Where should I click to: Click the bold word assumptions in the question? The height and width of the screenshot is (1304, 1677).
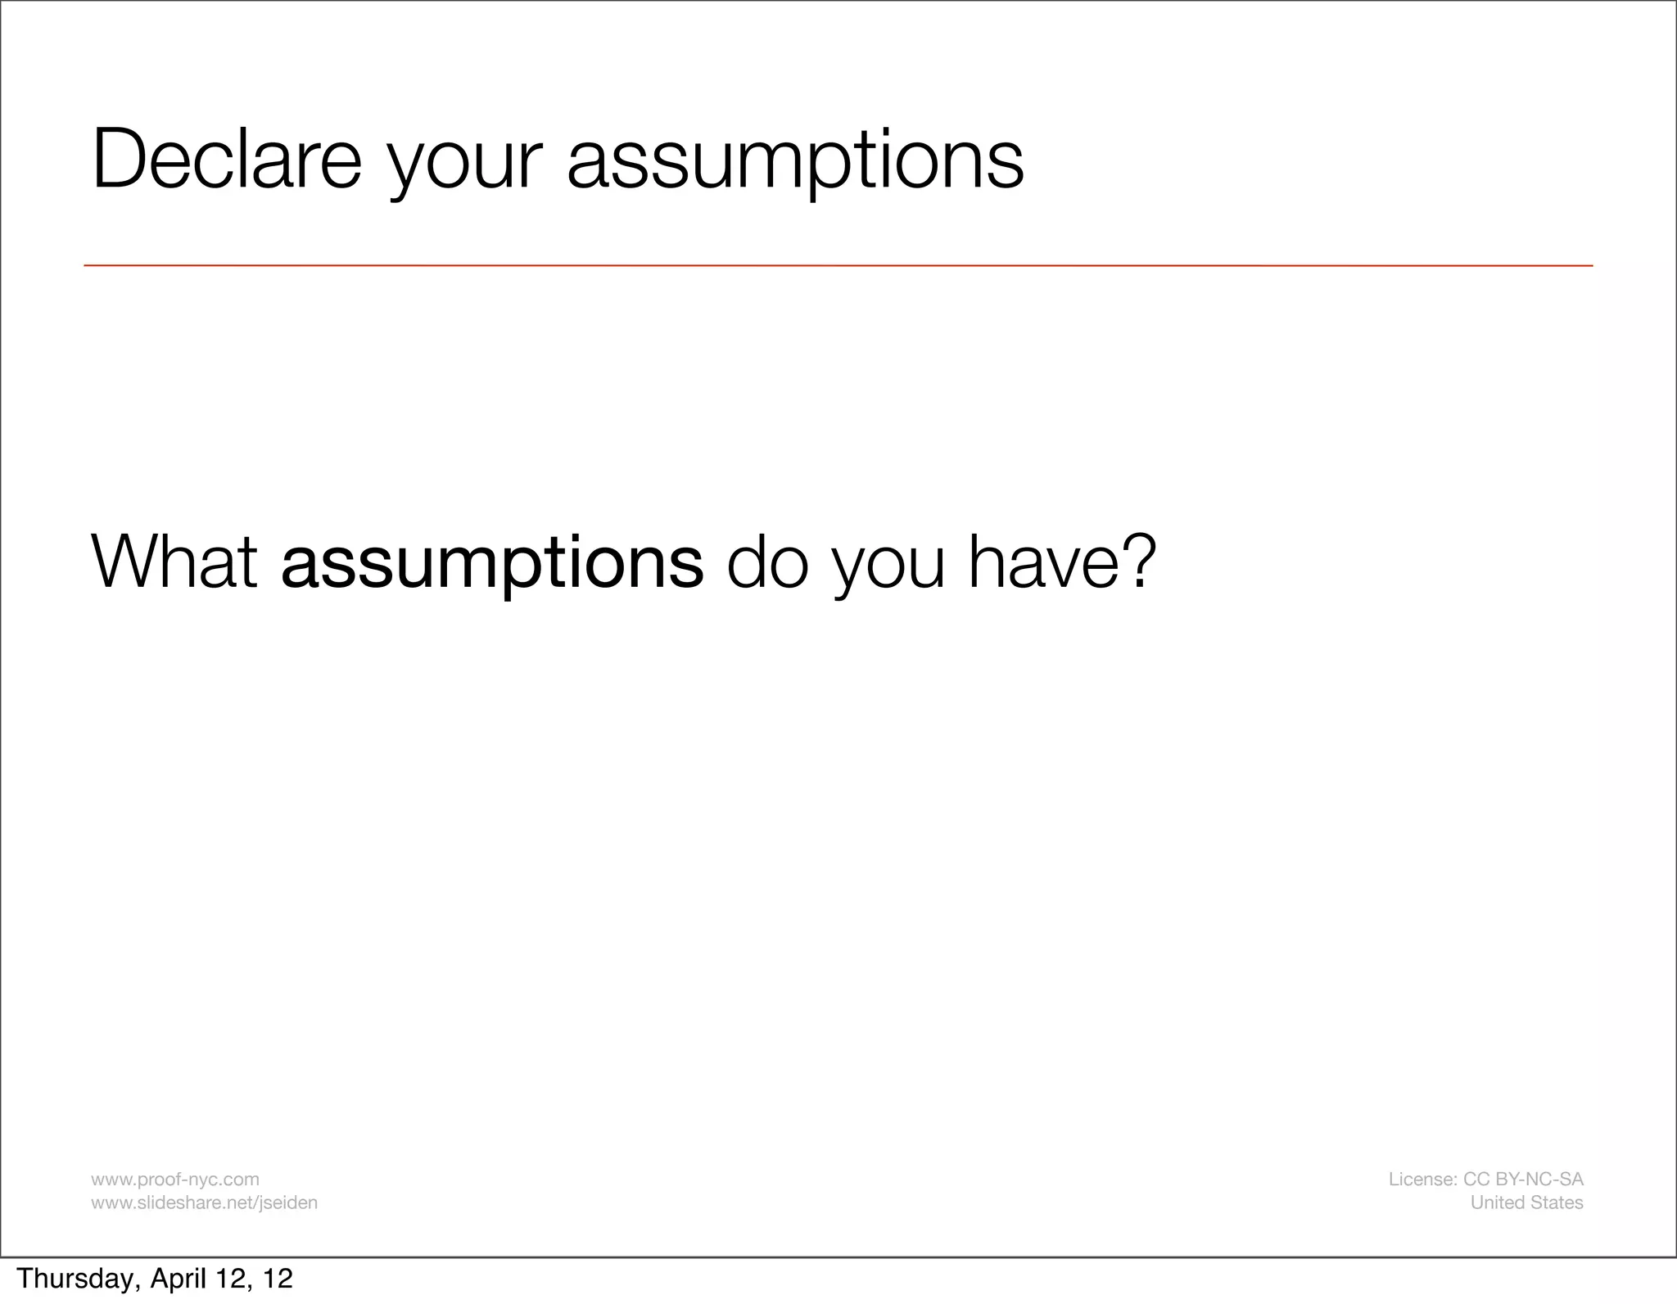[491, 563]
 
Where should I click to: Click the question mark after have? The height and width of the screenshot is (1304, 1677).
[1139, 560]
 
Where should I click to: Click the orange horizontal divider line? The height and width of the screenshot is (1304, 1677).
[838, 265]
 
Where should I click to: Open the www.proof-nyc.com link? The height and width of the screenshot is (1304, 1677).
[174, 1179]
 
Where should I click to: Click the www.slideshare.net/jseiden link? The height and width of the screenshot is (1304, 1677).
[204, 1202]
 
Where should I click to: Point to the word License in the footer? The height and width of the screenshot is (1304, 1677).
[1422, 1179]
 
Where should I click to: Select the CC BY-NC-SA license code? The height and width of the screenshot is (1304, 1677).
[1522, 1179]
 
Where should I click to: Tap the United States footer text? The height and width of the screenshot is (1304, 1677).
[1526, 1202]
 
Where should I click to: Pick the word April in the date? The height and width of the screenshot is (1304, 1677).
[175, 1279]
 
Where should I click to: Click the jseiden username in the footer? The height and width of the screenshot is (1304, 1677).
[287, 1202]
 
